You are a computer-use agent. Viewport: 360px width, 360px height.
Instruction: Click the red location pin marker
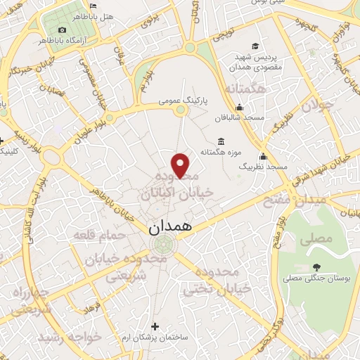pos(181,166)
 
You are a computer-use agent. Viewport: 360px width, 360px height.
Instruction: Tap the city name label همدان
pos(169,227)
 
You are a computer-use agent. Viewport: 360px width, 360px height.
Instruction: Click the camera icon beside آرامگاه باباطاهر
pos(63,30)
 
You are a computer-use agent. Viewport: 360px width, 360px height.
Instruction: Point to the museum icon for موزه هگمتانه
pos(221,141)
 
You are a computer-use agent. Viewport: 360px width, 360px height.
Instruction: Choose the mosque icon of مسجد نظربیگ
pos(263,156)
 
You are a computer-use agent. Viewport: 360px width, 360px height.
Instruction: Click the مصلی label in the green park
pos(316,238)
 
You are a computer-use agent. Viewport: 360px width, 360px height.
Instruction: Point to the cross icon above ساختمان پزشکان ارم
pos(155,325)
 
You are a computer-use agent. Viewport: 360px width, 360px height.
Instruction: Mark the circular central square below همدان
pos(164,244)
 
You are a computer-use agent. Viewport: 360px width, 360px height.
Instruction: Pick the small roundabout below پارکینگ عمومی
pos(181,110)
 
